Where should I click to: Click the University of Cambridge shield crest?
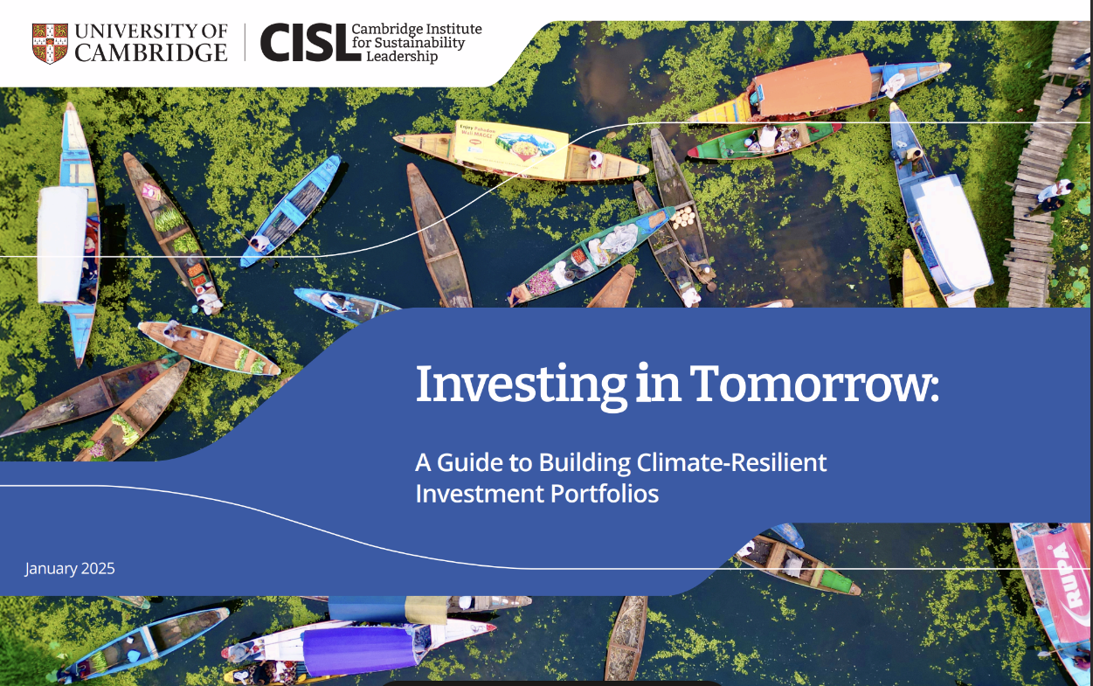[49, 43]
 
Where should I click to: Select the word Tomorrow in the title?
[809, 384]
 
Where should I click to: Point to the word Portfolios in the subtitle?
[605, 494]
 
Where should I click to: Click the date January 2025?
[70, 569]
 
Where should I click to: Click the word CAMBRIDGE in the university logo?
[150, 52]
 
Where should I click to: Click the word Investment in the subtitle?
[479, 494]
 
